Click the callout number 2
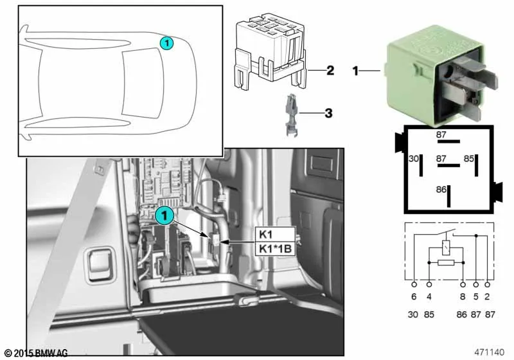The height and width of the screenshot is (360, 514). (x=330, y=70)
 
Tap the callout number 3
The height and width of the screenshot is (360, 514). (x=328, y=114)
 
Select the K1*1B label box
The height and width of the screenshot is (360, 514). (x=276, y=248)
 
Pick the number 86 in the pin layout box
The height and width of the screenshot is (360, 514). (x=441, y=190)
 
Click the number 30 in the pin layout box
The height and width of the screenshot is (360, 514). (x=414, y=158)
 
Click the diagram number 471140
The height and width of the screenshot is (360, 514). (x=490, y=352)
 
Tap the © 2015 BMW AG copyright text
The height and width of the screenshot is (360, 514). (x=36, y=353)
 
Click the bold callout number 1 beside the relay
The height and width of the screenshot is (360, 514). (x=355, y=71)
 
